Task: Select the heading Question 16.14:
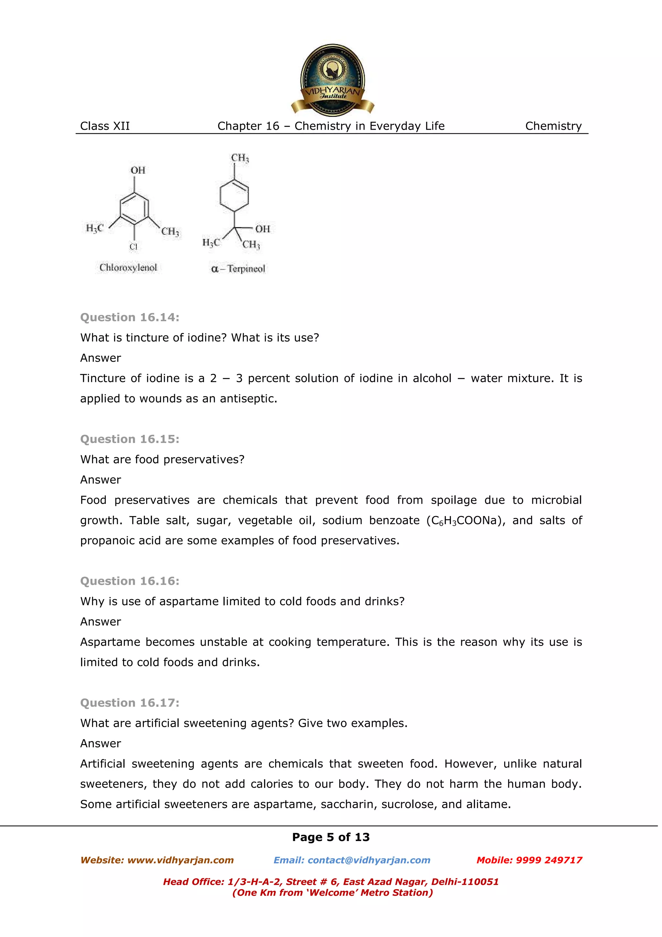point(130,318)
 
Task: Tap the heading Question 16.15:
point(130,439)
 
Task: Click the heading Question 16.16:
point(130,581)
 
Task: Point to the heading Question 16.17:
point(130,703)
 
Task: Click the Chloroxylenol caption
point(128,268)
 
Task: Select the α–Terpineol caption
point(238,269)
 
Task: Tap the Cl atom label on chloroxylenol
point(134,246)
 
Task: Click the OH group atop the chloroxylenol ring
point(137,170)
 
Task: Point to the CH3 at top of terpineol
point(240,158)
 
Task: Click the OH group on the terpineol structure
point(262,229)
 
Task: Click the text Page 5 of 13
point(331,837)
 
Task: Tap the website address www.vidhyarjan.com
point(180,860)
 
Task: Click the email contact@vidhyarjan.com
point(369,860)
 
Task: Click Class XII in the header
point(105,126)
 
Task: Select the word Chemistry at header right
point(553,126)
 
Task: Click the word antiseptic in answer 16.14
point(248,399)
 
